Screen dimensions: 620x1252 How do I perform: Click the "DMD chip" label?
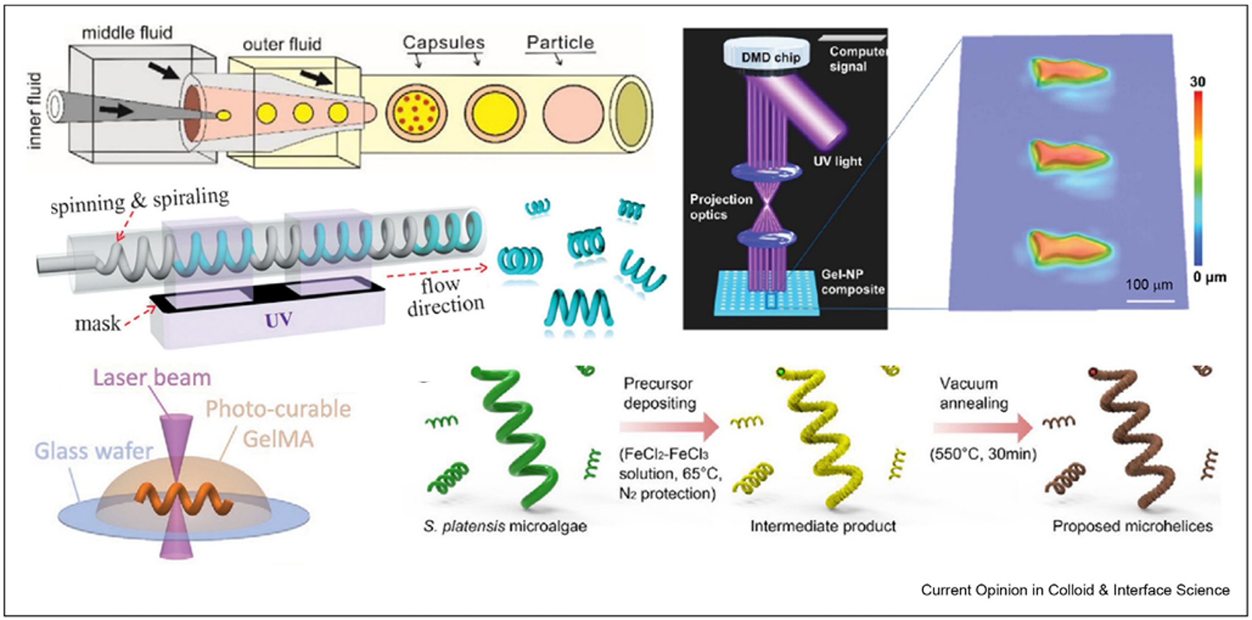(x=770, y=58)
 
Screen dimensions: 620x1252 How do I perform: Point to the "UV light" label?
(x=837, y=161)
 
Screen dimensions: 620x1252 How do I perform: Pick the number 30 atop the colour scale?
(x=1197, y=82)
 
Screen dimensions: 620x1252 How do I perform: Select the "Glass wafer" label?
(x=94, y=451)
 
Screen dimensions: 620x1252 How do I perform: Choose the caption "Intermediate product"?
(x=823, y=526)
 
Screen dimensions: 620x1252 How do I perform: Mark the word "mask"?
(x=98, y=324)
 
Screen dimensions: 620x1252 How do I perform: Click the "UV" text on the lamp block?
(x=278, y=320)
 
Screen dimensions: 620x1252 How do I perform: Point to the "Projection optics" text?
(x=721, y=207)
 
